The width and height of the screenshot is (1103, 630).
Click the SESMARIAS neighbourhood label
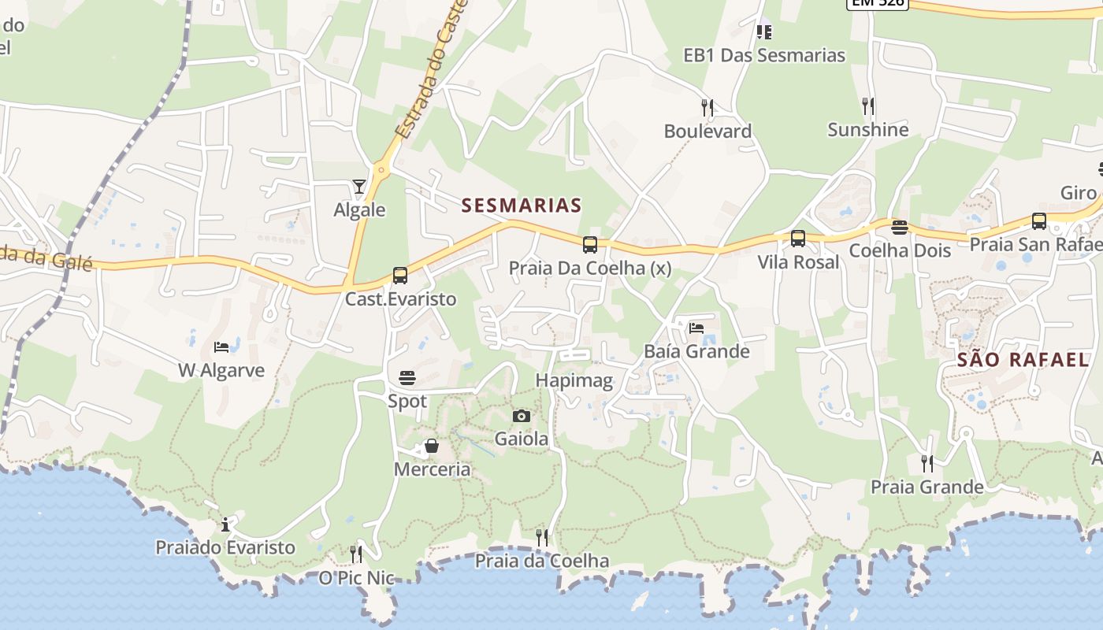[x=522, y=206]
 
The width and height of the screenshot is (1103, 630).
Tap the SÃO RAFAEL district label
[x=1023, y=360]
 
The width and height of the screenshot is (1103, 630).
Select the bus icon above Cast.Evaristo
[x=400, y=276]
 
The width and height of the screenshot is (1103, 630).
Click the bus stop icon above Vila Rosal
[x=798, y=238]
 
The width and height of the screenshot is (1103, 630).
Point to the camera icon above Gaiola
[x=522, y=416]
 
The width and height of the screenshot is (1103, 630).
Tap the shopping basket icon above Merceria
[x=432, y=447]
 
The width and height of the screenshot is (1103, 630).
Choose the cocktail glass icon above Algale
[x=359, y=187]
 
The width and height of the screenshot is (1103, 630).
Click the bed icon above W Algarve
[x=221, y=346]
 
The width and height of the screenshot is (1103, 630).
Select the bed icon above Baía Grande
[x=696, y=328]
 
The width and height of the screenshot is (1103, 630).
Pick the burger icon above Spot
[x=407, y=378]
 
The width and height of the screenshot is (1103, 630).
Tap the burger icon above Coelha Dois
[x=900, y=228]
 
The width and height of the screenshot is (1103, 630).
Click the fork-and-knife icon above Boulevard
[x=707, y=107]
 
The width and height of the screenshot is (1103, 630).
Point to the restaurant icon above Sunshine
[x=868, y=106]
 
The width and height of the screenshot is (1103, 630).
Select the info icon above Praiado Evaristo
[x=226, y=524]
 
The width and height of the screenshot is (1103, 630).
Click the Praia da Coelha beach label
[x=541, y=561]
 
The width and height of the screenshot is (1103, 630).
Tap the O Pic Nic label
[x=356, y=578]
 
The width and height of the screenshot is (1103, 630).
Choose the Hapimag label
[x=574, y=380]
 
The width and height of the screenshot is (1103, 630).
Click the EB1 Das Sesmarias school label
[x=764, y=55]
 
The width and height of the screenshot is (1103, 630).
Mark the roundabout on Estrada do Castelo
[x=382, y=168]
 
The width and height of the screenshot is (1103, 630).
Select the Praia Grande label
[x=927, y=487]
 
